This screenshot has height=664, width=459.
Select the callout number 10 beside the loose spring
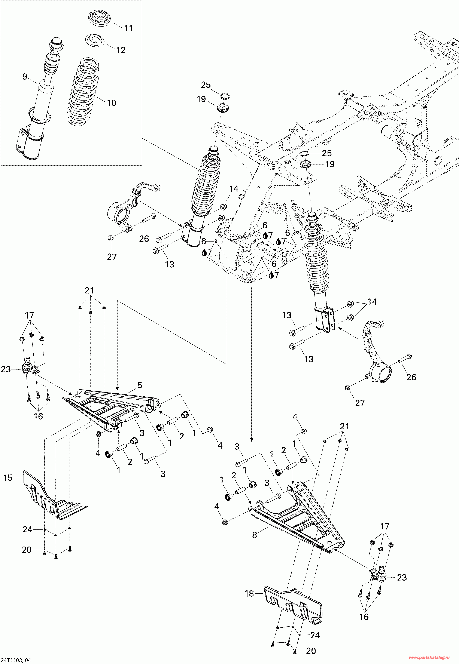(x=111, y=103)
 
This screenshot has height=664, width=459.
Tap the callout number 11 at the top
(x=128, y=28)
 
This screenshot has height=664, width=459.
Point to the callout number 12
(x=121, y=50)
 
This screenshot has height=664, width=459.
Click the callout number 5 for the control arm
(x=140, y=385)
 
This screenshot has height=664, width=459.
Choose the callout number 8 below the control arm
(x=255, y=535)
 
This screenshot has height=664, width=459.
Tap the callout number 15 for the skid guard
(x=8, y=478)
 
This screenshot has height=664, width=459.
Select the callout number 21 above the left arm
(x=89, y=290)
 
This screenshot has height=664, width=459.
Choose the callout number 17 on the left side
(x=29, y=316)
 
